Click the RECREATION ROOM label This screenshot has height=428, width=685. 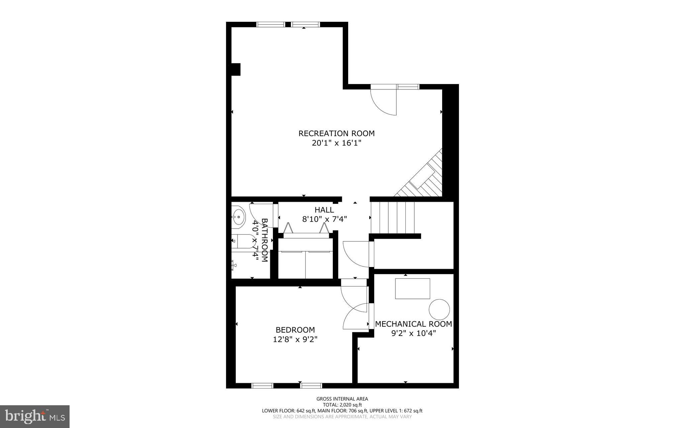point(336,134)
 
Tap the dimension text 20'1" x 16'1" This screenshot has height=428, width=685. point(336,143)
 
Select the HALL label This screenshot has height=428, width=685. point(324,210)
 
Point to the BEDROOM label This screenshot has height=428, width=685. point(295,330)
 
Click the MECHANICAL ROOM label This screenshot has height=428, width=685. point(413,324)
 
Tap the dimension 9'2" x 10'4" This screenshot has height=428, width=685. point(413,333)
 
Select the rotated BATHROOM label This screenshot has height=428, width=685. point(265,240)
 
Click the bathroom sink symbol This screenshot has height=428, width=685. point(238,217)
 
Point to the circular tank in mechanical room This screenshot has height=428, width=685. point(439,309)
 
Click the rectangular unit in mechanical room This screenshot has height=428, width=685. point(412,288)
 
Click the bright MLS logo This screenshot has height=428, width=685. point(35,416)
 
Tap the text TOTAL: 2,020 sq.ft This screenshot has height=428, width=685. point(342,405)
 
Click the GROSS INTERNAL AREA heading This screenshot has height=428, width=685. point(342,399)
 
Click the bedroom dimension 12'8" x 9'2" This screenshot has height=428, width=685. point(295,339)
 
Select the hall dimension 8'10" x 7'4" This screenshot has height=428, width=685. point(324,219)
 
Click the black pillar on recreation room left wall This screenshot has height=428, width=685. point(236,69)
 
